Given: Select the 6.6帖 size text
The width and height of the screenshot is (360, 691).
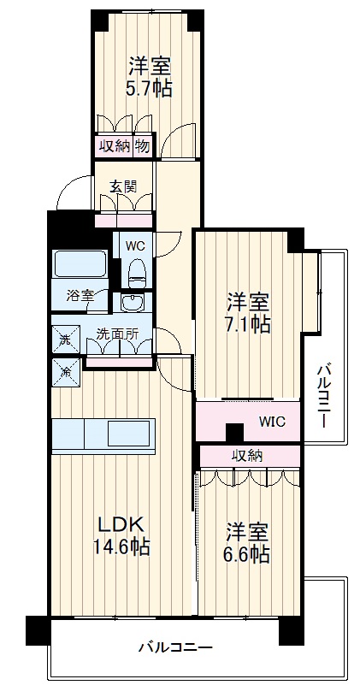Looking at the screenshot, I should (x=247, y=554).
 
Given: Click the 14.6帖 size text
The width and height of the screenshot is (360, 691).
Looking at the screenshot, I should (x=121, y=546).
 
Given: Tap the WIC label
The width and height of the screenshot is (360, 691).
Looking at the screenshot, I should (x=273, y=422).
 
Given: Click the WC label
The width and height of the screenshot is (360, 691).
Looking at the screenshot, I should (x=135, y=245).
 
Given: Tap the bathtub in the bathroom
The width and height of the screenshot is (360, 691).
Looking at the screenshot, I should (x=79, y=265).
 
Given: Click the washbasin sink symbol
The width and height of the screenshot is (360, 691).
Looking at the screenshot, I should (x=133, y=303).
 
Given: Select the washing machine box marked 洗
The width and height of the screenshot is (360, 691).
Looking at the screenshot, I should (x=66, y=340).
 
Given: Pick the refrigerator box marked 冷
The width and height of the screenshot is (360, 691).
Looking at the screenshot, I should (x=66, y=370).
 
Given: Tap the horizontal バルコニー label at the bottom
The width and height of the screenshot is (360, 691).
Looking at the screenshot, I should (x=175, y=647).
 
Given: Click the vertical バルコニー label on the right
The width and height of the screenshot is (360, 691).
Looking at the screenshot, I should (x=324, y=396).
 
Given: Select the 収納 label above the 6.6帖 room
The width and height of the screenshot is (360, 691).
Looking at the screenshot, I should (x=247, y=456).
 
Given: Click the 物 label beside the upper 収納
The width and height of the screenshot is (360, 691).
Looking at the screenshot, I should (x=142, y=145).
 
